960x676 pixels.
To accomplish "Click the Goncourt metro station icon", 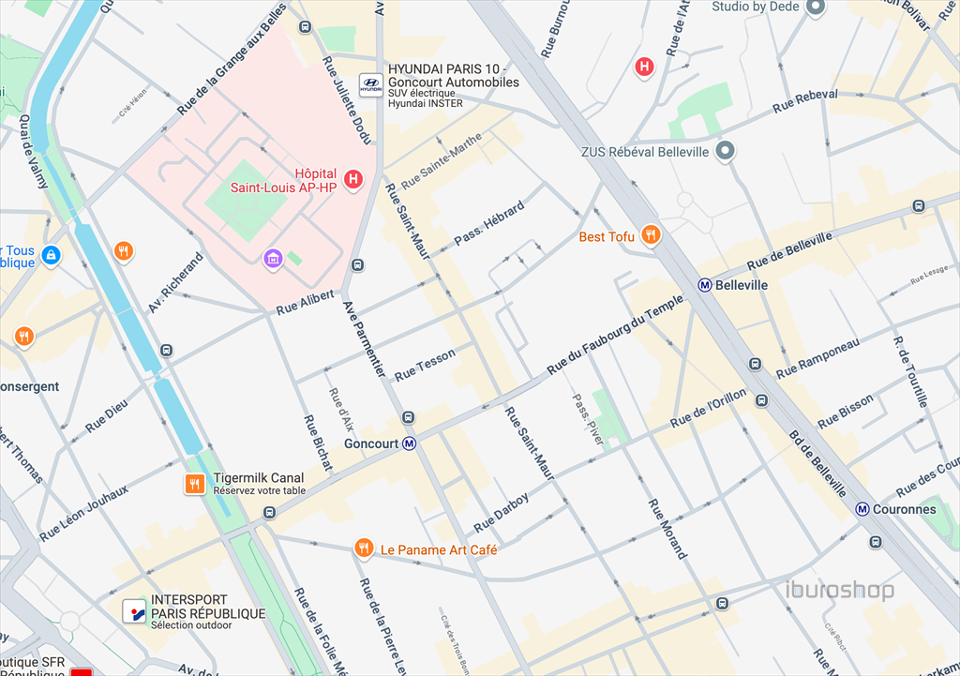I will tap(409, 443).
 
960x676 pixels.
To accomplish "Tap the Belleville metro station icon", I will tap(704, 285).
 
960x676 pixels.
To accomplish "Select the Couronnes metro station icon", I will tap(862, 509).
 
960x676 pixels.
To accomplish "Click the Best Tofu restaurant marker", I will tap(649, 235).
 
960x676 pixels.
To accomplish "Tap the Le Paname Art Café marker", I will tap(363, 548).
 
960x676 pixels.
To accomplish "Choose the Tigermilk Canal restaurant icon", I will tap(195, 484).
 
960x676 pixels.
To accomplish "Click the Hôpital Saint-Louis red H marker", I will tap(353, 179).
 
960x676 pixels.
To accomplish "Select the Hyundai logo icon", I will tap(371, 84).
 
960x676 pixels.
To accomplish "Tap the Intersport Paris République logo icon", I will tap(135, 611).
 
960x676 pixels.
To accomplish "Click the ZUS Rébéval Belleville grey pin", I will tap(725, 150).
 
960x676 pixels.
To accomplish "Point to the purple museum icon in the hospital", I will tap(273, 258).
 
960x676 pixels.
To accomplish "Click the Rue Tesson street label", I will tap(425, 365).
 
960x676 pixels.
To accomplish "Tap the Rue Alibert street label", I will tap(305, 302).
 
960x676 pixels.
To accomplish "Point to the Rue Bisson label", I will tap(846, 412).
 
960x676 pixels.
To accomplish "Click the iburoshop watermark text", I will tap(839, 591).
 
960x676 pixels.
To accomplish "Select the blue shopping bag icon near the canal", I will tap(51, 254).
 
